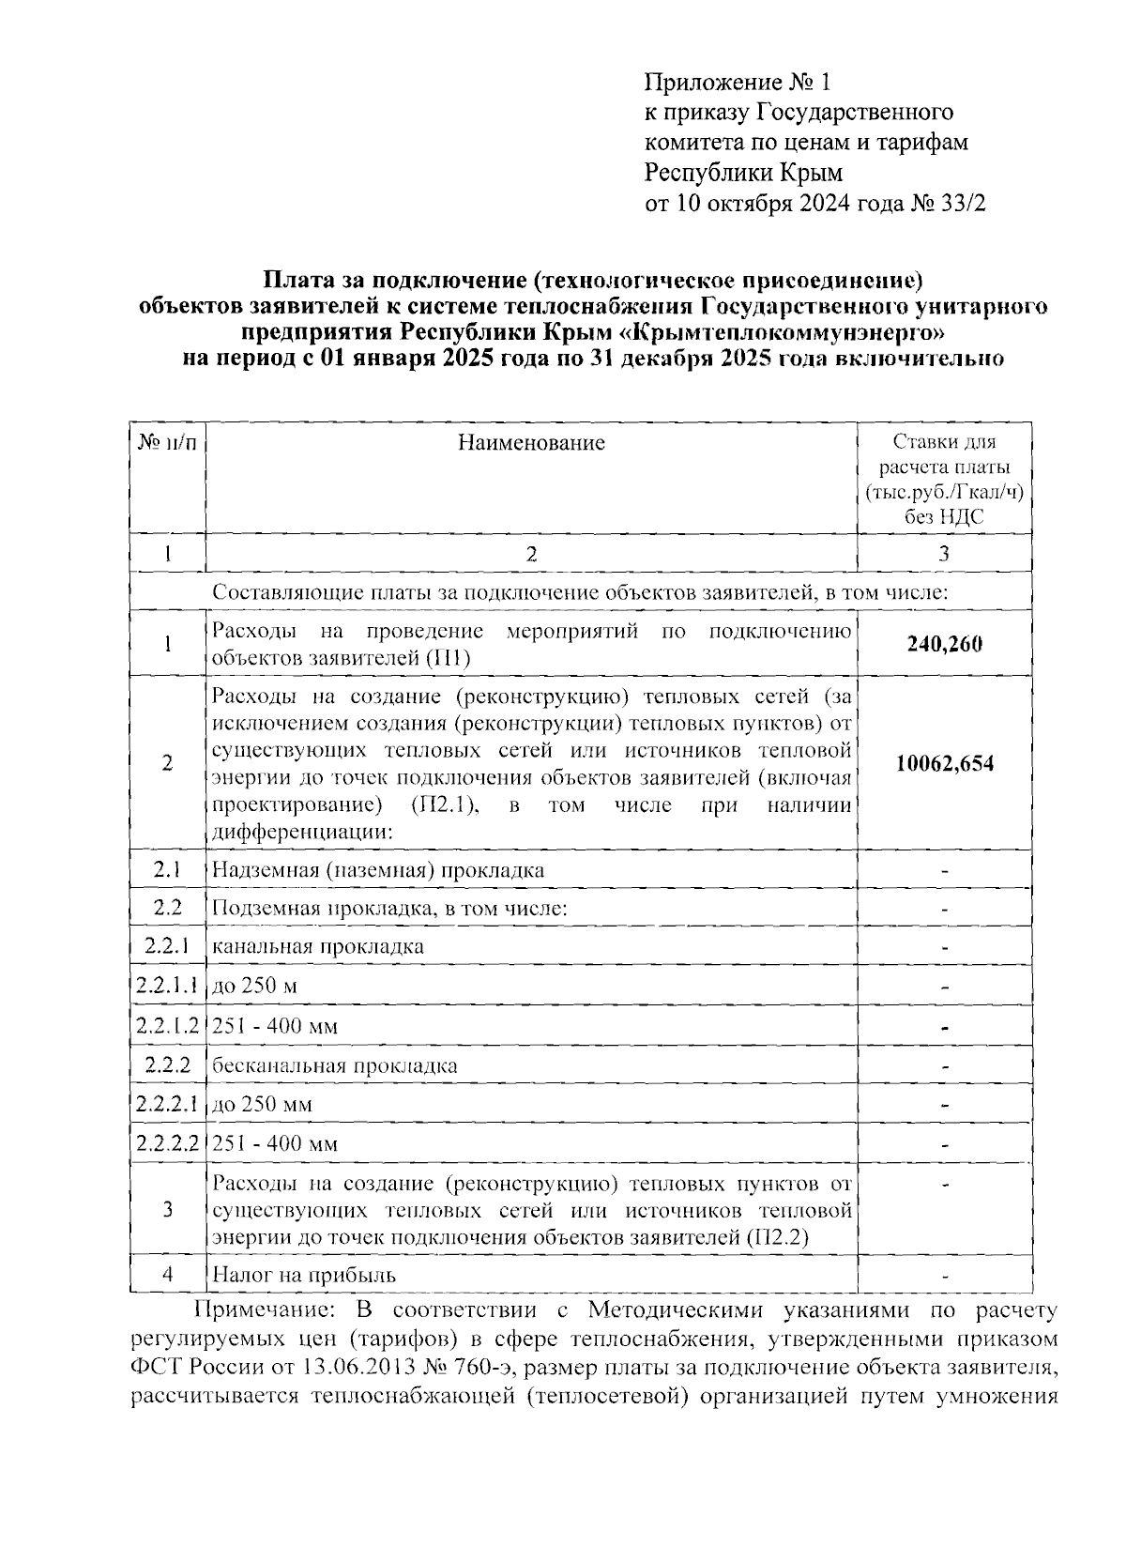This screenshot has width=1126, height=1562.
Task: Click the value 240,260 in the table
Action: point(944,644)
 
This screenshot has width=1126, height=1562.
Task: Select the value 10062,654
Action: point(944,763)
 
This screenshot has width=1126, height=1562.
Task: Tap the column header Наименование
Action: point(531,442)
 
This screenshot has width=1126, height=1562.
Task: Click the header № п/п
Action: point(167,443)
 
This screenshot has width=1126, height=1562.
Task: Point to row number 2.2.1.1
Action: point(167,986)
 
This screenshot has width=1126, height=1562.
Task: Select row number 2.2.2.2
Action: point(167,1143)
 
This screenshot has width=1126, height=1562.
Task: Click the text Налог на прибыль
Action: point(304,1275)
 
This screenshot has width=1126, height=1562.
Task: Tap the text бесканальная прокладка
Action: point(335,1065)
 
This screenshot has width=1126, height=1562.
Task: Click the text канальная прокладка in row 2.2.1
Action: point(318,946)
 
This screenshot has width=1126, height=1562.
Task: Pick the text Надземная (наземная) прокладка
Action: point(378,869)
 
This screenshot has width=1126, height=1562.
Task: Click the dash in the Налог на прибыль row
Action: point(945,1277)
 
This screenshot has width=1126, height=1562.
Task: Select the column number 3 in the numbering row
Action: point(944,554)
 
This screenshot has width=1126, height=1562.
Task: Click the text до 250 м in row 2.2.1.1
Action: point(254,986)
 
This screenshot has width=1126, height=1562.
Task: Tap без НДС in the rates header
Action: point(944,517)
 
